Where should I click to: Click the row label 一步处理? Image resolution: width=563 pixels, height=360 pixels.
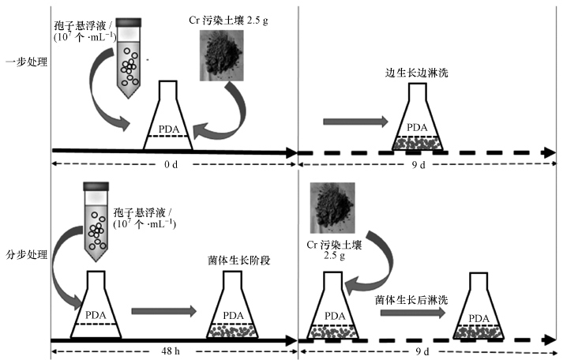(x=27, y=62)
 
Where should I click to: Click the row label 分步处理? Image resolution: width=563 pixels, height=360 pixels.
(x=27, y=254)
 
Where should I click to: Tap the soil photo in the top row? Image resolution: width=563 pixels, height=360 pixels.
(x=222, y=55)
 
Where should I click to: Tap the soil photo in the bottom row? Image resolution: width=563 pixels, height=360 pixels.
(x=332, y=208)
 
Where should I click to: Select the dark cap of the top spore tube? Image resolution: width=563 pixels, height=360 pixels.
(x=128, y=23)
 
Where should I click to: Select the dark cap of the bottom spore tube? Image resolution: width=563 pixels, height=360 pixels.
(x=96, y=186)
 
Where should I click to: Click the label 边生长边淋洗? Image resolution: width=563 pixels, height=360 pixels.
(x=416, y=73)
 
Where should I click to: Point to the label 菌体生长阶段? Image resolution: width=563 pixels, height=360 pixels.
(x=238, y=261)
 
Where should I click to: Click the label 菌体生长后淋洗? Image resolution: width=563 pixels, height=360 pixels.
(x=411, y=300)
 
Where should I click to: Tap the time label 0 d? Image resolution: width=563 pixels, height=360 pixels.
(x=171, y=164)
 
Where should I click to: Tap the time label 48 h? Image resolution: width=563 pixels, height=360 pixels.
(x=171, y=351)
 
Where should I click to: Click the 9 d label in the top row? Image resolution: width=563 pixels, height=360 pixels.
(x=418, y=165)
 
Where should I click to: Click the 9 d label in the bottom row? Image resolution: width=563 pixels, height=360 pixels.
(x=422, y=351)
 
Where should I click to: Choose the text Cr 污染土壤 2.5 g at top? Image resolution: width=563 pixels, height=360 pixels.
(x=228, y=20)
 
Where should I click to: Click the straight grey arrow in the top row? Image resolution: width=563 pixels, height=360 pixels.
(x=355, y=122)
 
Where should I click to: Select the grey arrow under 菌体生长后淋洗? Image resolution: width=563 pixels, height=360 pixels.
(x=413, y=313)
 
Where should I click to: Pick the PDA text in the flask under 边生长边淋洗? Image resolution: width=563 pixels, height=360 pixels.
(x=417, y=127)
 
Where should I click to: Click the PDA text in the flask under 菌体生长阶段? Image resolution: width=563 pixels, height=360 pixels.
(x=233, y=316)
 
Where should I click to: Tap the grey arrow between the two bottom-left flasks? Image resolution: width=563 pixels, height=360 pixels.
(x=164, y=311)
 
